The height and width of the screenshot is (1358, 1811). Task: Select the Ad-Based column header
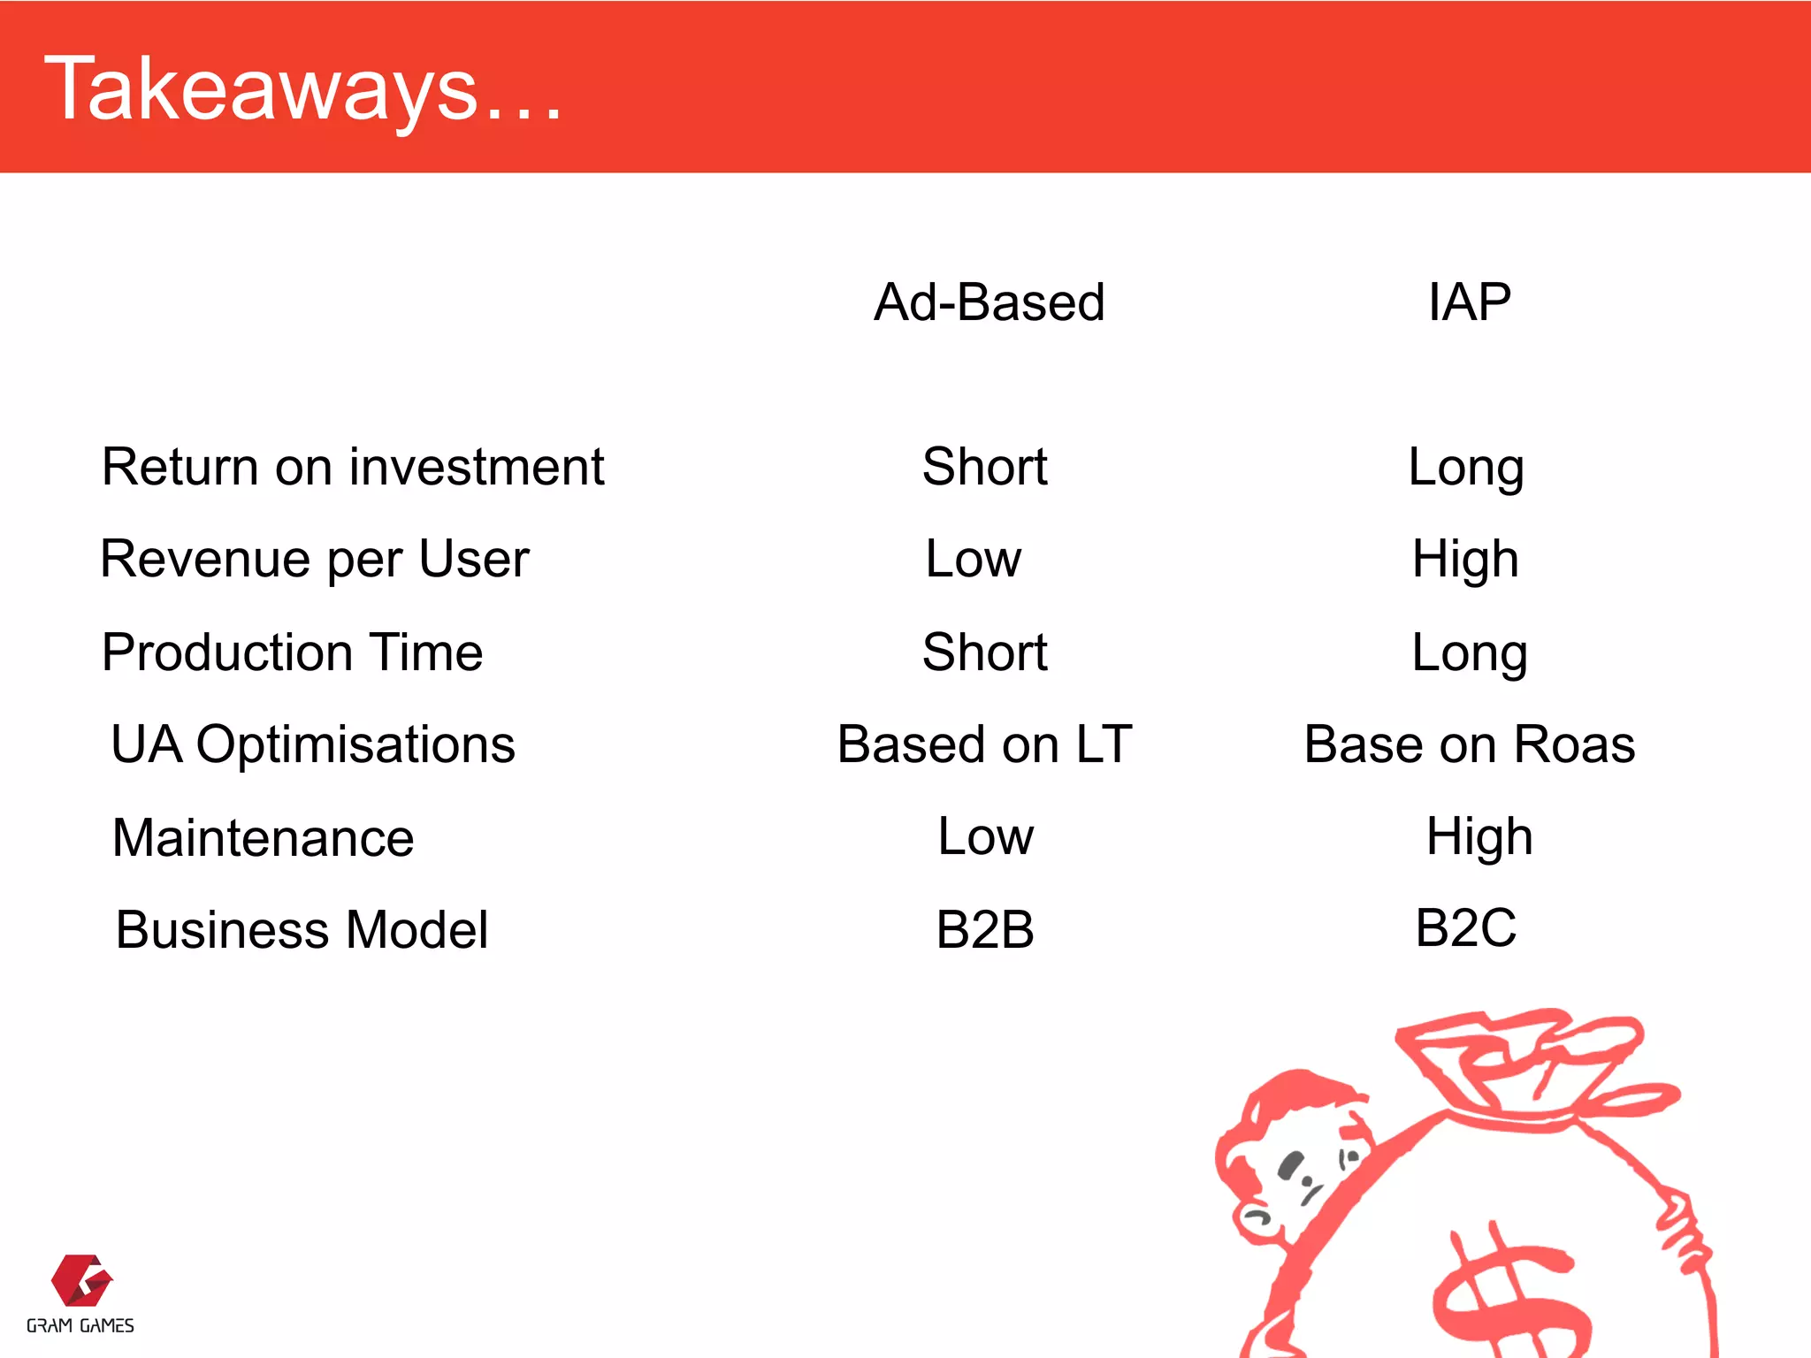pyautogui.click(x=989, y=302)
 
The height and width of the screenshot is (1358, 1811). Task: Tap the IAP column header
pyautogui.click(x=1469, y=302)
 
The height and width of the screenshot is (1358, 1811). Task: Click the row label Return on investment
pyautogui.click(x=353, y=467)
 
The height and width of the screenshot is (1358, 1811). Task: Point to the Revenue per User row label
pyautogui.click(x=315, y=559)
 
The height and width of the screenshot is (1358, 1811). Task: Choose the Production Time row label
pyautogui.click(x=293, y=652)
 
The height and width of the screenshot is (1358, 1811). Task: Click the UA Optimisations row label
pyautogui.click(x=313, y=744)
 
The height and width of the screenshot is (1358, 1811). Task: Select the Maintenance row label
pyautogui.click(x=264, y=838)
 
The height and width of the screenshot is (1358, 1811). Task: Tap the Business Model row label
pyautogui.click(x=302, y=930)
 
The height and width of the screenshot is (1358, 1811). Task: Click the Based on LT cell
pyautogui.click(x=984, y=744)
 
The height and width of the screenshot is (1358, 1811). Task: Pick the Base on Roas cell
pyautogui.click(x=1469, y=744)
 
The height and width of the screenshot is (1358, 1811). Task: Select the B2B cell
pyautogui.click(x=985, y=930)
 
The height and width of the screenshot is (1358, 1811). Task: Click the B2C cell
pyautogui.click(x=1465, y=928)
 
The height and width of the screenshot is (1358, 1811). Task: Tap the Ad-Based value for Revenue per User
pyautogui.click(x=974, y=559)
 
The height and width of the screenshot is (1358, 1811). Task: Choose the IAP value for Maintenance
pyautogui.click(x=1479, y=836)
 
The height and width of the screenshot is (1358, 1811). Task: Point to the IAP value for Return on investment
pyautogui.click(x=1465, y=467)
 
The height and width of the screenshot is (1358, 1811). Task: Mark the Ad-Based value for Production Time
pyautogui.click(x=984, y=652)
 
